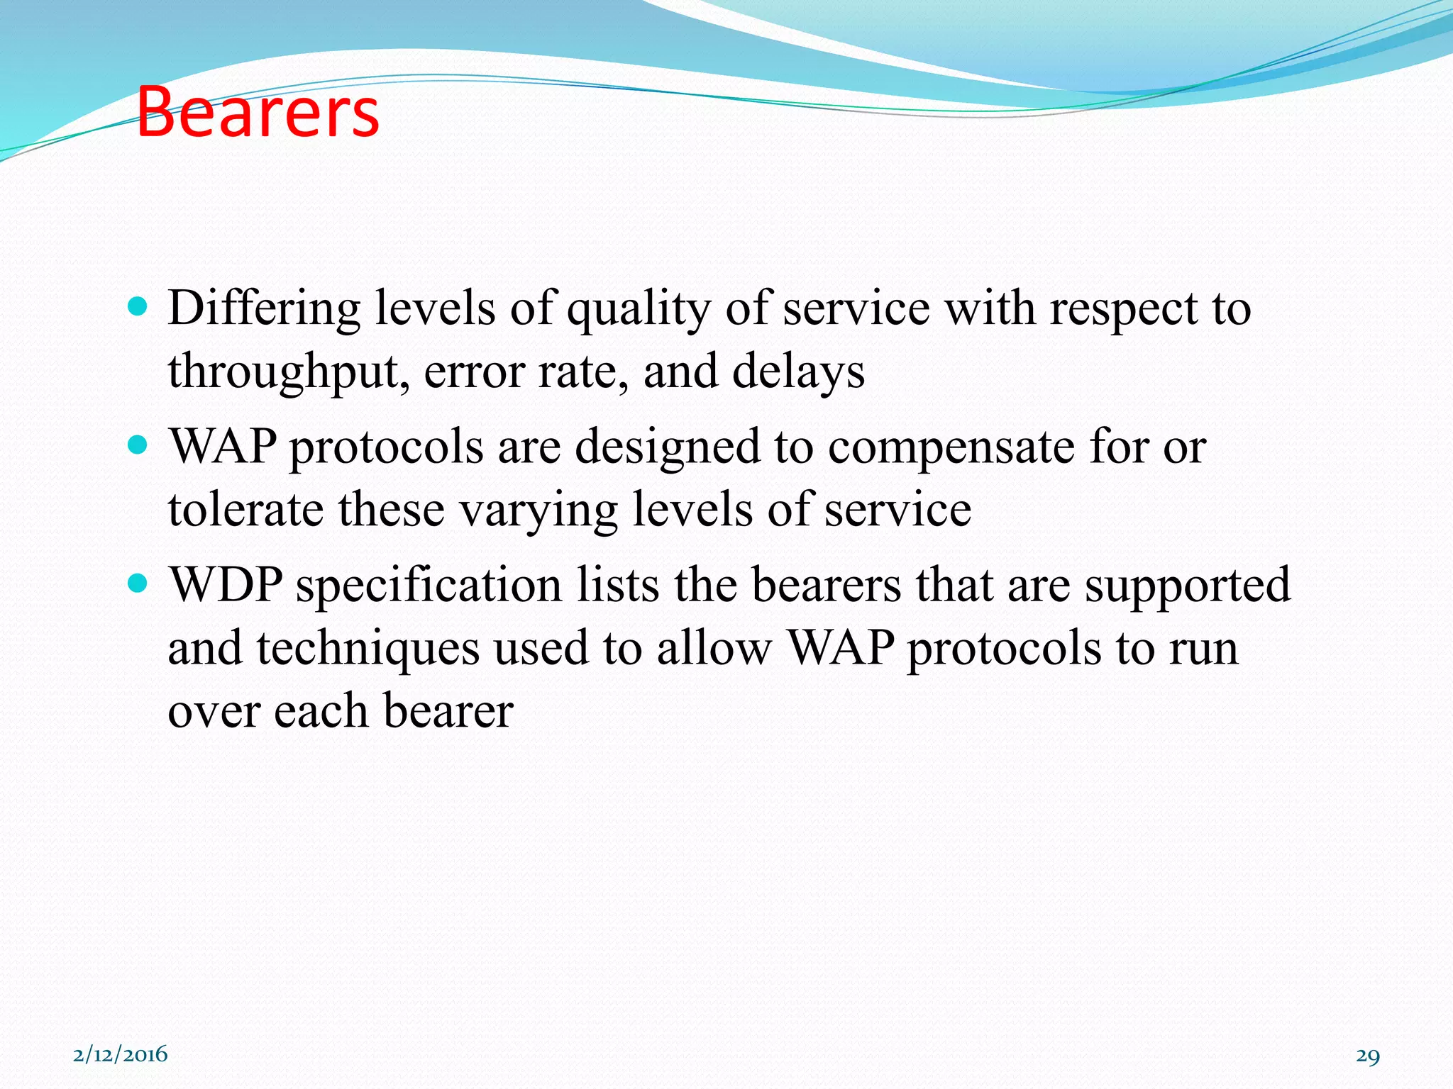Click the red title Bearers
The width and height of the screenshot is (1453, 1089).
pyautogui.click(x=258, y=112)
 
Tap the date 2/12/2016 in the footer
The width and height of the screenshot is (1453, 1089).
pyautogui.click(x=120, y=1054)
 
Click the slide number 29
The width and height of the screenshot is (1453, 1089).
pyautogui.click(x=1367, y=1056)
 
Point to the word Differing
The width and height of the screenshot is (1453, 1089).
pyautogui.click(x=264, y=309)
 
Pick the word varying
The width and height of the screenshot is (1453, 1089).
pyautogui.click(x=539, y=511)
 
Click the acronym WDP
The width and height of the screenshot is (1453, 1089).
pyautogui.click(x=226, y=585)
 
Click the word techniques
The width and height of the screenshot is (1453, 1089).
pyautogui.click(x=368, y=649)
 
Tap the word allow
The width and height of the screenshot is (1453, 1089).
pyautogui.click(x=713, y=647)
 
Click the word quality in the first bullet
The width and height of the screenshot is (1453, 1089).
pyautogui.click(x=638, y=311)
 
